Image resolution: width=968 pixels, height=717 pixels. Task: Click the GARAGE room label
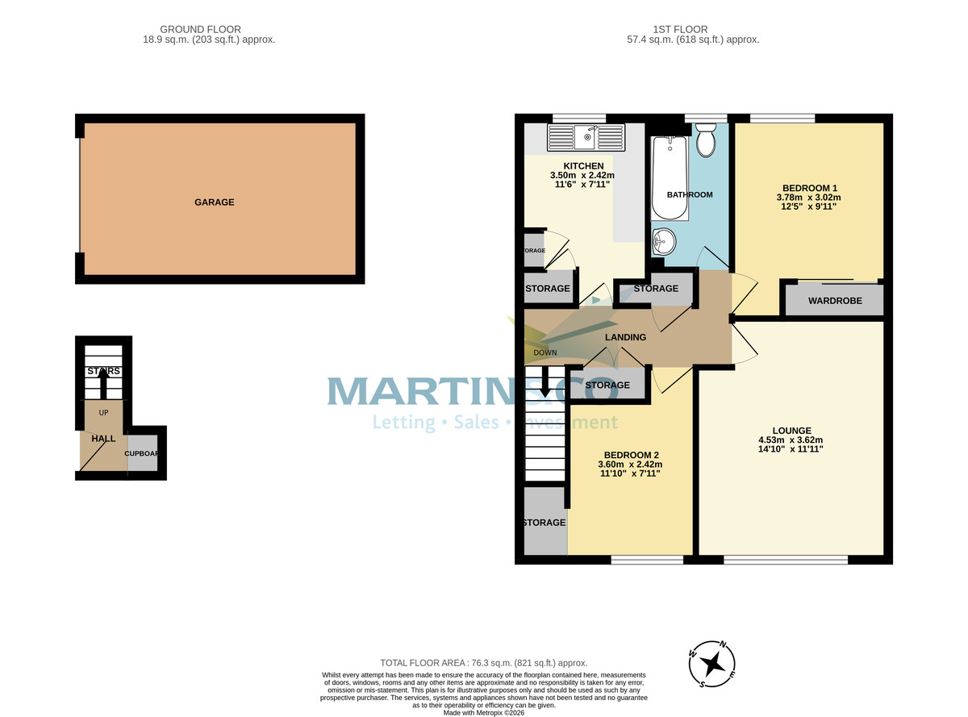tap(214, 202)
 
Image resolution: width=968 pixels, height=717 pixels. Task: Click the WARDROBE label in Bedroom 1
tap(835, 301)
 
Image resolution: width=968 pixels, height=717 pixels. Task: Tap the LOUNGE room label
tap(791, 431)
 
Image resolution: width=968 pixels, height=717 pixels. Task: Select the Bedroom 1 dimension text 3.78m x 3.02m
tap(808, 198)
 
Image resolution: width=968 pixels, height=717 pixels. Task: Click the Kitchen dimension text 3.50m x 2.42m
tap(582, 176)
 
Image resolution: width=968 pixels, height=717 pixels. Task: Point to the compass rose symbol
tap(713, 664)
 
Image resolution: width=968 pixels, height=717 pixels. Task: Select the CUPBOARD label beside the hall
tap(143, 453)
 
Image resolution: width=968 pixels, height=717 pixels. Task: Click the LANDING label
tap(626, 337)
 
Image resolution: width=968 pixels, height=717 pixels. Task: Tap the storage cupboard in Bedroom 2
tap(544, 522)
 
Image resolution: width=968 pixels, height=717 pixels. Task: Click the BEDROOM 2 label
tap(629, 454)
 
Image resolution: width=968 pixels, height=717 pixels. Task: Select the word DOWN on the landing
tap(545, 352)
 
